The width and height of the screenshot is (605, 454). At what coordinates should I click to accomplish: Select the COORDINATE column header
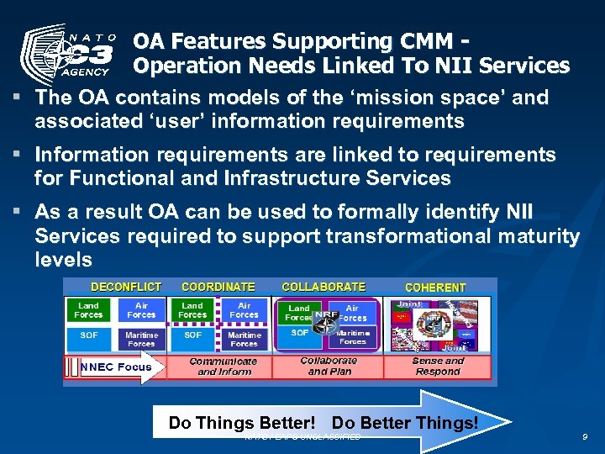(218, 288)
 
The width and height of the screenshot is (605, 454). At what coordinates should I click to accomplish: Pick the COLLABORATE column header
(324, 288)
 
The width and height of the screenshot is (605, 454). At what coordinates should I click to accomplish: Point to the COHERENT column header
(435, 288)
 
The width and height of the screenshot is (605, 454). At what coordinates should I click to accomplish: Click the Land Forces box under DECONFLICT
(88, 310)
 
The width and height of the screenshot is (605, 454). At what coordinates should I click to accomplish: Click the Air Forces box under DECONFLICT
(141, 310)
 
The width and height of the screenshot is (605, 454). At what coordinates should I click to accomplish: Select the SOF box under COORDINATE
(192, 335)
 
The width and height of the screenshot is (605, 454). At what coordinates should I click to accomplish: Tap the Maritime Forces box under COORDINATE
(244, 339)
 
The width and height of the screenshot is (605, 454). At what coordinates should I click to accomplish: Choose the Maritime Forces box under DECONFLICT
(141, 339)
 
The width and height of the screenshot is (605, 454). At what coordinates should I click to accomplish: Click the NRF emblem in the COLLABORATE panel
(325, 317)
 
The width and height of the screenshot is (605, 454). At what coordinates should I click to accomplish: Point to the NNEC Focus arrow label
(116, 367)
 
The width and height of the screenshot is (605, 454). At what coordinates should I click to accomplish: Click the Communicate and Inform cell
(224, 366)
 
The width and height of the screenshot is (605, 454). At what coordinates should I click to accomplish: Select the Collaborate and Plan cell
(329, 366)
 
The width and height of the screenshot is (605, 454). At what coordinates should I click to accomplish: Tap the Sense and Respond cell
(438, 366)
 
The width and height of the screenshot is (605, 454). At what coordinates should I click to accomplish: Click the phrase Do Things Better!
(242, 423)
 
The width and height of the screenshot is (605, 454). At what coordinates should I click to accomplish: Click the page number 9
(584, 436)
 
